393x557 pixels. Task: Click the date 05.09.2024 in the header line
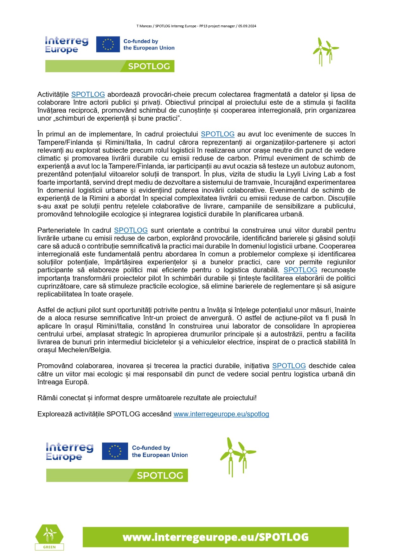click(x=247, y=26)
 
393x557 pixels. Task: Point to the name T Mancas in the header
click(x=144, y=26)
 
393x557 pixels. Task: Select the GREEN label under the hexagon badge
click(x=49, y=547)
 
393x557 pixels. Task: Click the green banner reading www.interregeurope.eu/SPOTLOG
click(x=216, y=537)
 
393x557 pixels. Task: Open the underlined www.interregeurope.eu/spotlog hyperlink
click(x=221, y=414)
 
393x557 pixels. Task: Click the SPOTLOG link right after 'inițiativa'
click(x=289, y=366)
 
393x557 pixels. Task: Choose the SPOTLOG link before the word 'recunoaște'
click(x=300, y=270)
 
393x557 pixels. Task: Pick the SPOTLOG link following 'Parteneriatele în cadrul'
click(x=131, y=230)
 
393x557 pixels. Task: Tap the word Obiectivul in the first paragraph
click(x=180, y=102)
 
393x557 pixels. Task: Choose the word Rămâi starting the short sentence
click(x=46, y=398)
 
